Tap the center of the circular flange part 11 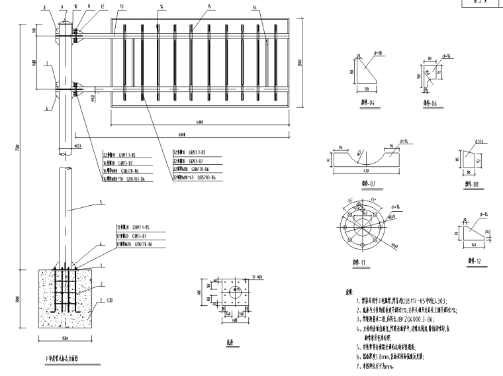[x=361, y=231]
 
